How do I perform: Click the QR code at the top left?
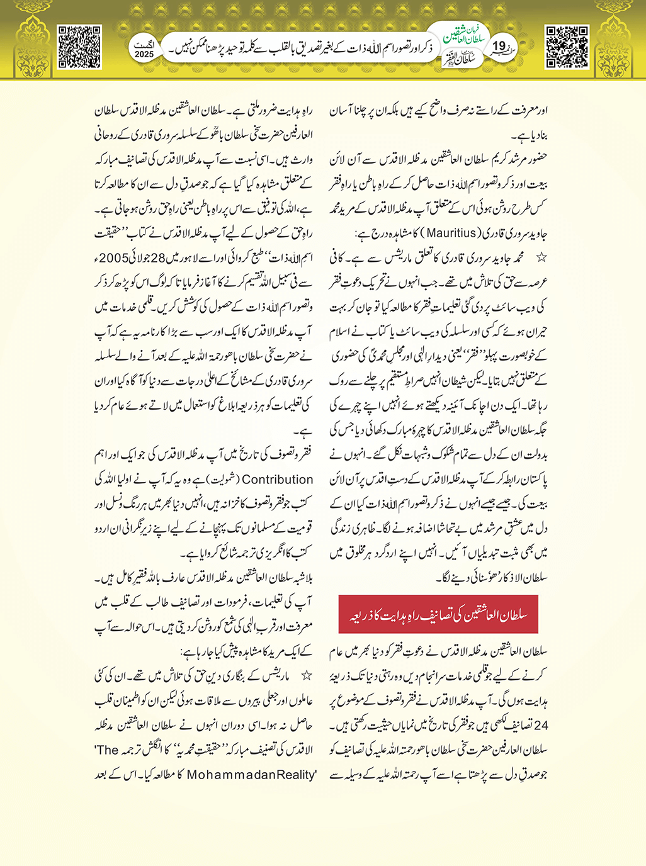pyautogui.click(x=79, y=47)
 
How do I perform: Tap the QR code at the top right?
pyautogui.click(x=567, y=47)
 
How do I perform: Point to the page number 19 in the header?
pyautogui.click(x=499, y=46)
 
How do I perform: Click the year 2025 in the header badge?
pyautogui.click(x=144, y=54)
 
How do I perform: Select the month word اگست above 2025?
pyautogui.click(x=144, y=45)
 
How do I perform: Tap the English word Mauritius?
pyautogui.click(x=451, y=233)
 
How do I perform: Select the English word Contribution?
pyautogui.click(x=278, y=479)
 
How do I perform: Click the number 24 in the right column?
pyautogui.click(x=540, y=725)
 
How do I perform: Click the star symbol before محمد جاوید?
pyautogui.click(x=541, y=258)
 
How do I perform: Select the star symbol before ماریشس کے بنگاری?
pyautogui.click(x=306, y=676)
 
